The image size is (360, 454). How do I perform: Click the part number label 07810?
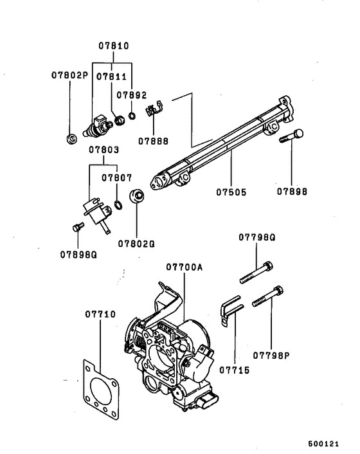click(114, 46)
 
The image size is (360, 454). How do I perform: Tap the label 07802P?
click(69, 75)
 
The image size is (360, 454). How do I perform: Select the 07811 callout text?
click(111, 77)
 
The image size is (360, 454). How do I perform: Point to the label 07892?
click(132, 95)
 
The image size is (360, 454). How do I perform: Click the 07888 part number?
click(153, 141)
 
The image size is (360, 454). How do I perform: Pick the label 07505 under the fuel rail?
click(231, 192)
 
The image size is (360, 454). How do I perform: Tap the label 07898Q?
click(78, 255)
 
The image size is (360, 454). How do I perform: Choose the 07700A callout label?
click(184, 267)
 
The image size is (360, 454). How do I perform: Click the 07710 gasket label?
click(100, 314)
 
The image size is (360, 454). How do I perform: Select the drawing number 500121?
click(323, 444)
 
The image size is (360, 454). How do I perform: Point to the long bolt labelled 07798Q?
click(256, 273)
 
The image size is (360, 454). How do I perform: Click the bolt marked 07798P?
click(267, 296)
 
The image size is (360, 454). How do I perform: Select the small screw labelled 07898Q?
click(78, 227)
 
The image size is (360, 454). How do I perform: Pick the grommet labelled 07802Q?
click(136, 197)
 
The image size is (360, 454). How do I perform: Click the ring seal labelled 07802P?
click(71, 139)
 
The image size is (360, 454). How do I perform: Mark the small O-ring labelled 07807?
click(118, 204)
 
